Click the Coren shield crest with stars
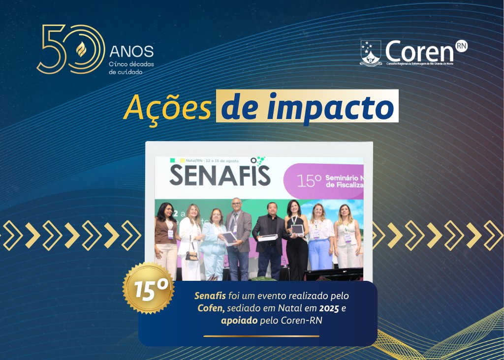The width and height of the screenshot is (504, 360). [x=371, y=53]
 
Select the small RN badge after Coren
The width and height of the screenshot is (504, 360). [x=461, y=45]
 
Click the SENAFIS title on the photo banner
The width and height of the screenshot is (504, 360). [x=220, y=176]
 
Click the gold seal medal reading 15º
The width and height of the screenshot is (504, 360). [x=148, y=289]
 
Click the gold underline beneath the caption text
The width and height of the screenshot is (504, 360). [x=261, y=336]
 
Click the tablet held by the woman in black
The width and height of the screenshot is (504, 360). [x=298, y=229]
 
